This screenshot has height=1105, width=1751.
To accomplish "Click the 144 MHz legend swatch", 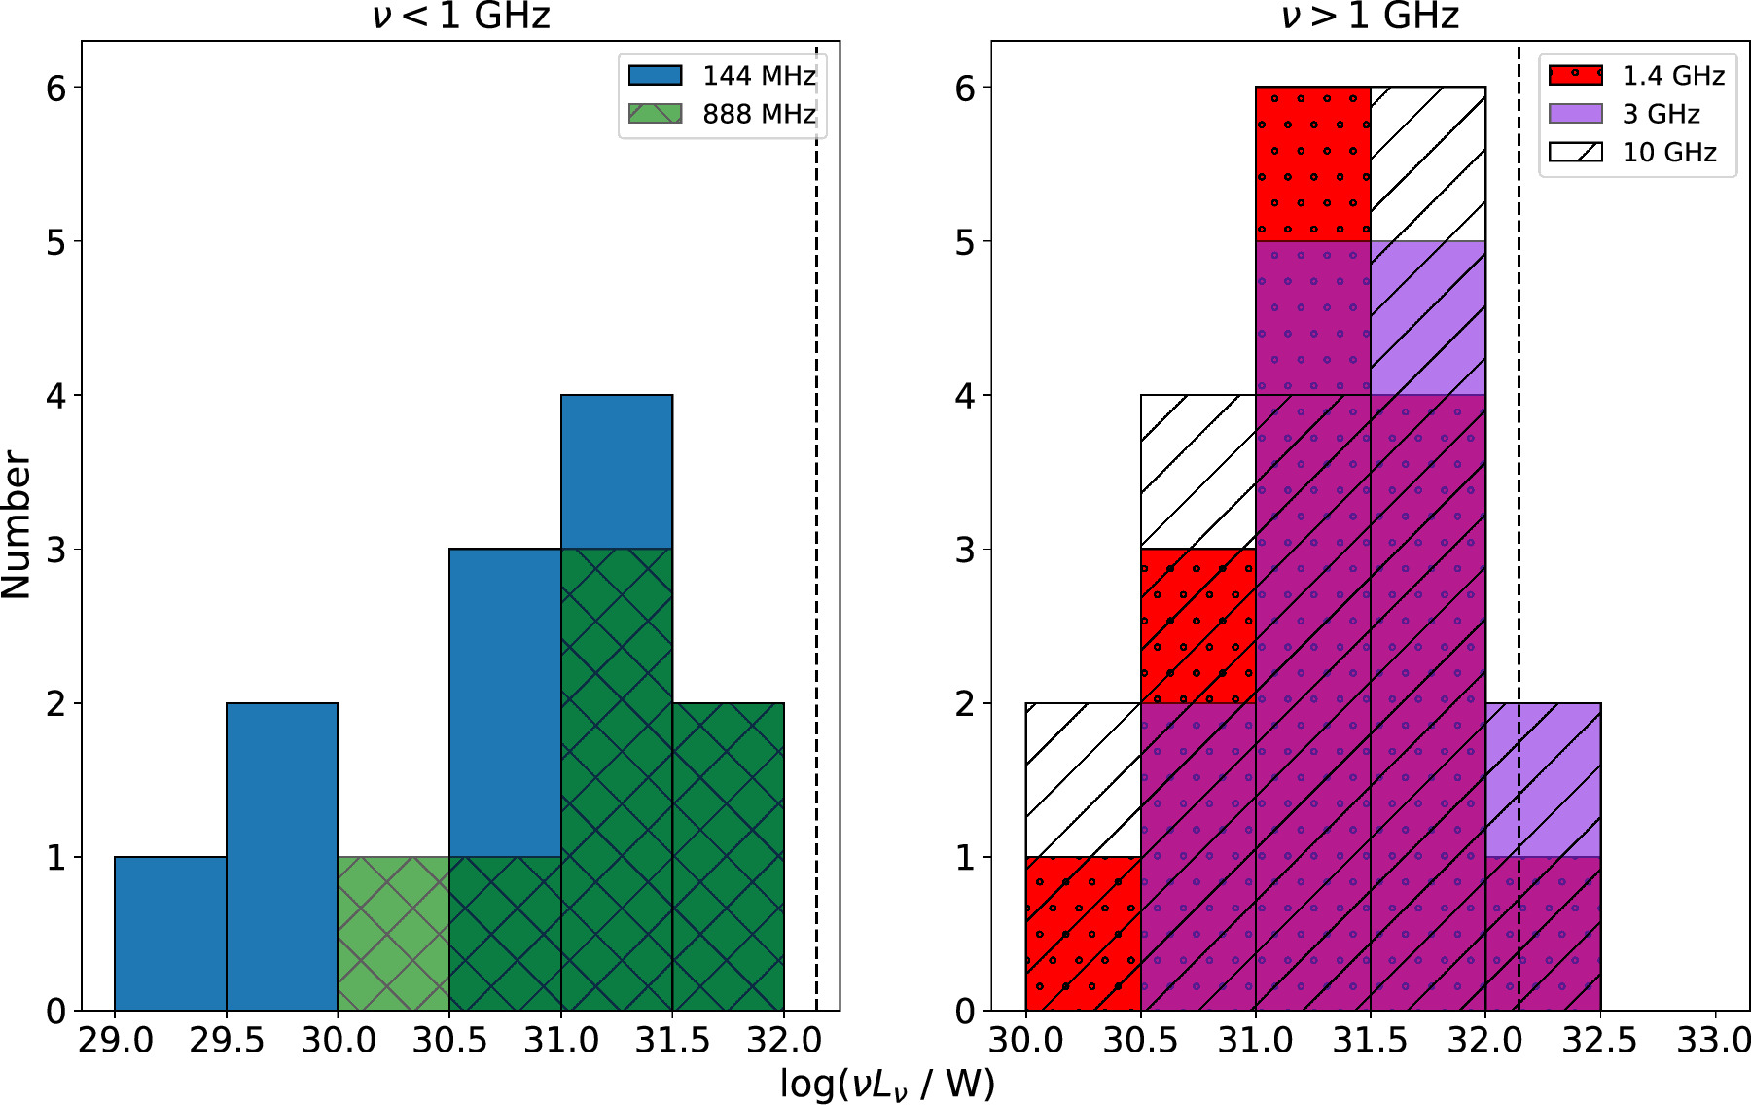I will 655,75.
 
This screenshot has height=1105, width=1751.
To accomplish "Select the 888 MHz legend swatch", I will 655,114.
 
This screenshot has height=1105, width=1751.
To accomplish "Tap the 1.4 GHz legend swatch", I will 1575,75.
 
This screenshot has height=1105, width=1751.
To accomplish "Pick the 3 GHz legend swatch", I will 1575,114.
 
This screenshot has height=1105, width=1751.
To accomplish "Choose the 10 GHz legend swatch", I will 1575,152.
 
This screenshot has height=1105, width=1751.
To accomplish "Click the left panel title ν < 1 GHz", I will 461,17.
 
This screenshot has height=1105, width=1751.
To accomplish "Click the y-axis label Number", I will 18,525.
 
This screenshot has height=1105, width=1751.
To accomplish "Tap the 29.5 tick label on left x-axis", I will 227,1041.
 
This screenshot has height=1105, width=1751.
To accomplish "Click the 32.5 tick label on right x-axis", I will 1599,1041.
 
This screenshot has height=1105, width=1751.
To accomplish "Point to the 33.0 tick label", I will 1714,1041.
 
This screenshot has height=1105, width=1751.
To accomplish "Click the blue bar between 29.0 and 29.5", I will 171,934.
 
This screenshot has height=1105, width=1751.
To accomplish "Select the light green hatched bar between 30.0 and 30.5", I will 394,934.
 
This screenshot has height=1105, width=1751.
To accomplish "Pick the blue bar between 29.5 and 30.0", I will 282,856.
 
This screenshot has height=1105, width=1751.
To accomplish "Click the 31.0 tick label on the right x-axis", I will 1255,1041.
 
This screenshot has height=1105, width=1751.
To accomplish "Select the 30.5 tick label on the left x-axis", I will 449,1041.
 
